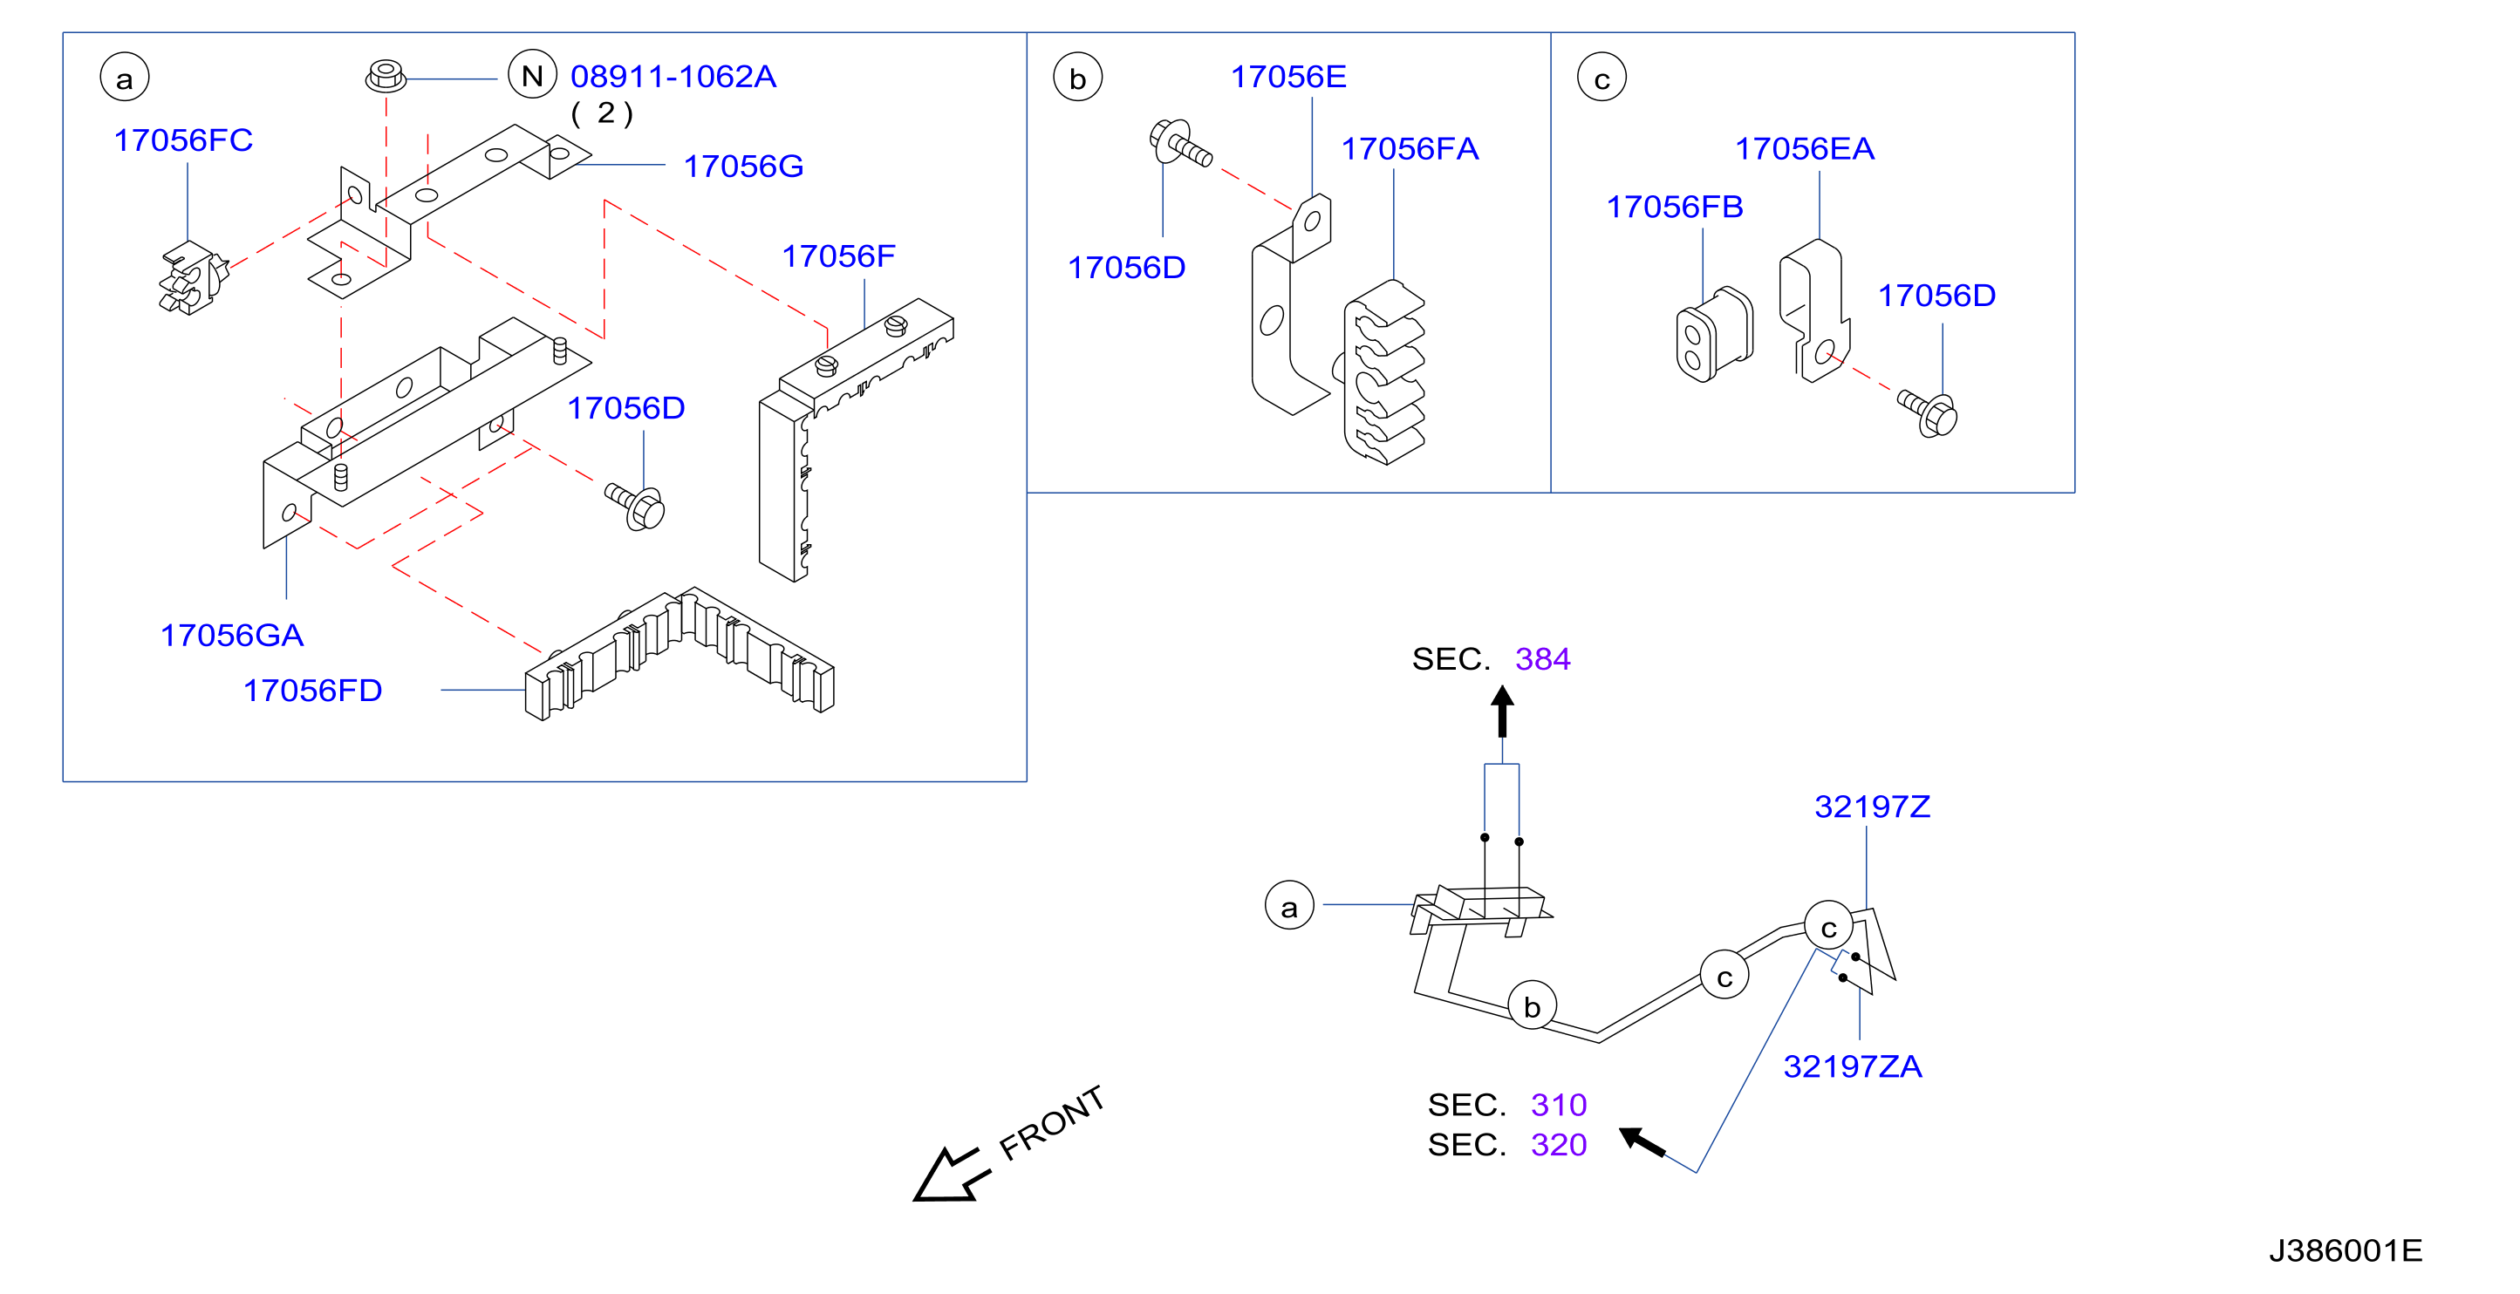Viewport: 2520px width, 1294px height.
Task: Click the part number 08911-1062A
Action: (x=673, y=76)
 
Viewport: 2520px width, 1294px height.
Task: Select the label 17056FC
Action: (x=184, y=140)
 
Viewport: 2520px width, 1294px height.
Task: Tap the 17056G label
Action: (x=743, y=167)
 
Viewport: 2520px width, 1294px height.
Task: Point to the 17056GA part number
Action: (x=232, y=636)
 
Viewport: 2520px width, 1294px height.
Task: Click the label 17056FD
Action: (x=312, y=691)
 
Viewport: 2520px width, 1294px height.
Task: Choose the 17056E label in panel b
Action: (x=1288, y=76)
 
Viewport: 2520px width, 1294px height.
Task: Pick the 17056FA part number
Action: (x=1410, y=148)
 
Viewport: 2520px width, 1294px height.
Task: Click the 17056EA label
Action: (x=1805, y=148)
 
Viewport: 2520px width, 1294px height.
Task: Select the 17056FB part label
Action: (x=1675, y=207)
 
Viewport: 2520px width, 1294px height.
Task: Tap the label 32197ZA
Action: (x=1853, y=1066)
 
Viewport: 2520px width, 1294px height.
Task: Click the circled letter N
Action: (x=532, y=75)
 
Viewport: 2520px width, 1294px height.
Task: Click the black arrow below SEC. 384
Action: (x=1503, y=711)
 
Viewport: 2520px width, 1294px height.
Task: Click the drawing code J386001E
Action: (x=2346, y=1251)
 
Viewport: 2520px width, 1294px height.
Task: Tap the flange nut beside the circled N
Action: (x=386, y=76)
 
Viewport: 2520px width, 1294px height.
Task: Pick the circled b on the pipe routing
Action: (x=1532, y=1005)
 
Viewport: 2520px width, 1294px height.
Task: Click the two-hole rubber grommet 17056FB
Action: (x=1714, y=335)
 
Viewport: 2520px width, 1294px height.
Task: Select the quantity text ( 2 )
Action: (x=602, y=113)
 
